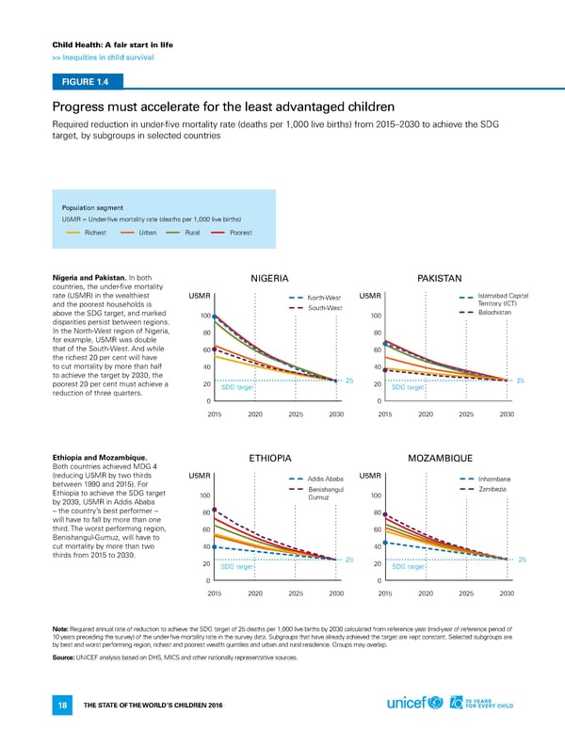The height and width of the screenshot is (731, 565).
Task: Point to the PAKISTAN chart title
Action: coord(438,278)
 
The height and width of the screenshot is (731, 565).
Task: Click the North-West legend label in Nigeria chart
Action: coord(324,299)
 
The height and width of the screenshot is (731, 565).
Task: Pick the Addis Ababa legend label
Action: coord(326,479)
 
